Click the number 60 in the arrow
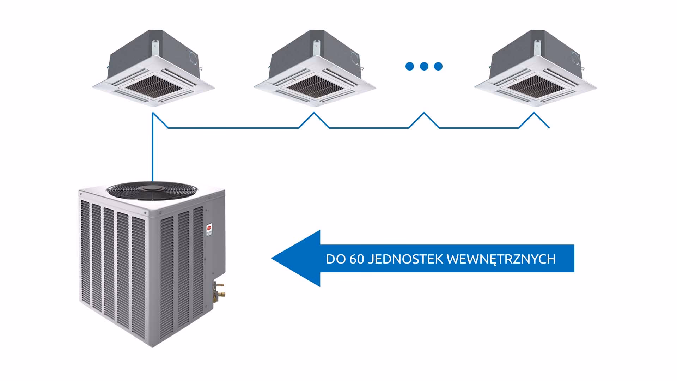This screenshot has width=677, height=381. click(356, 259)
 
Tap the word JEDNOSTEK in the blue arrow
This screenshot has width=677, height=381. click(405, 259)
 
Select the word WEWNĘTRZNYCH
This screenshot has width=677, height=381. click(501, 259)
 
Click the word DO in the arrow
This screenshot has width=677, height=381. click(334, 259)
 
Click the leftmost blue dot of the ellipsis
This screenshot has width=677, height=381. click(410, 66)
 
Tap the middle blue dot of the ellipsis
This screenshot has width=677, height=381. click(424, 66)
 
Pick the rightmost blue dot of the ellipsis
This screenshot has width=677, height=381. click(438, 66)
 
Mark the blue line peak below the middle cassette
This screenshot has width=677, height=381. click(314, 114)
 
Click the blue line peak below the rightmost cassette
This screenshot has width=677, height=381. click(534, 113)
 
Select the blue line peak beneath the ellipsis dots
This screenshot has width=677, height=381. click(424, 113)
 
